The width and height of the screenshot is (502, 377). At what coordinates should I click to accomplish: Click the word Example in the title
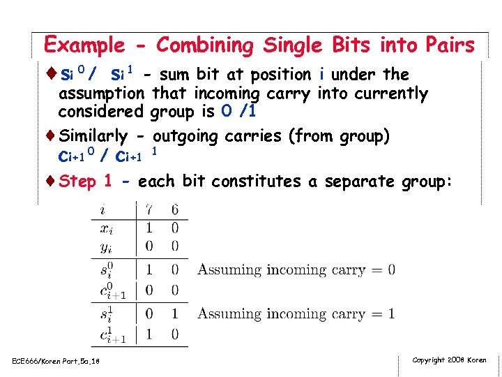coord(83,46)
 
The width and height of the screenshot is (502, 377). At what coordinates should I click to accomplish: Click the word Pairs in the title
coord(448,46)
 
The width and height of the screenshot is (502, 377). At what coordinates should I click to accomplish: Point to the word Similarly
coord(93,136)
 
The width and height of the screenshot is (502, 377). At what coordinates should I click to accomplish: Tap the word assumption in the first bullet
coord(102,94)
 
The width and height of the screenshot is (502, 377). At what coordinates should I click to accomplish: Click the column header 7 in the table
coord(149,209)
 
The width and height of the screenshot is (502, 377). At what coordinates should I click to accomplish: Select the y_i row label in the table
coord(106,246)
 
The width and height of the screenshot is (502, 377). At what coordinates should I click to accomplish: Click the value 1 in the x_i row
coord(149,228)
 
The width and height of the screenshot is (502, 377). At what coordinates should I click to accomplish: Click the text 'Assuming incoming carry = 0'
coord(296,270)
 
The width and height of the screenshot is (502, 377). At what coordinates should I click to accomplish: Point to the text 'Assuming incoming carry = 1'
coord(296,313)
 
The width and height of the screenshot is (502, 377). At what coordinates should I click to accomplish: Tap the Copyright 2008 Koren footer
coord(449,360)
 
